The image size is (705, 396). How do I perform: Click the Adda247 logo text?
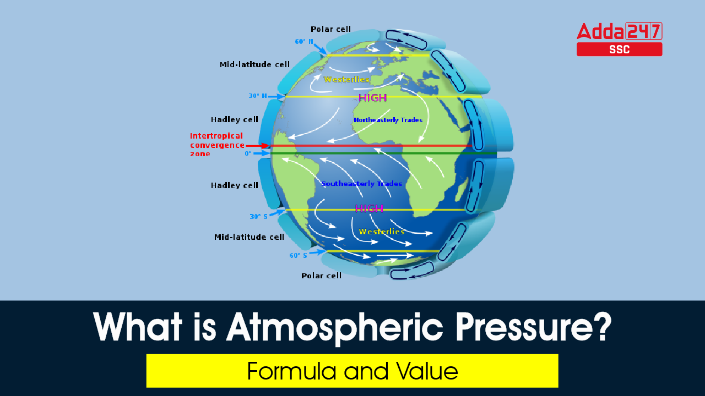point(620,31)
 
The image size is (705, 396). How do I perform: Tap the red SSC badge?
point(620,50)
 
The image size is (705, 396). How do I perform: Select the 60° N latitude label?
point(304,41)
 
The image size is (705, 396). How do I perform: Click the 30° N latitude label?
point(258,96)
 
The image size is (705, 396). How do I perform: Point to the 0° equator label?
point(248,153)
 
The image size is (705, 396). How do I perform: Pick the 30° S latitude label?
point(259,216)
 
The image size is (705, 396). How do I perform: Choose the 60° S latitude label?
point(298,255)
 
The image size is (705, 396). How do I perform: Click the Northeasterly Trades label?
point(388,120)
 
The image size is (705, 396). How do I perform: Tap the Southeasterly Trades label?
point(362,184)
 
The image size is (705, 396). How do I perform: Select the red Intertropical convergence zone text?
point(217,145)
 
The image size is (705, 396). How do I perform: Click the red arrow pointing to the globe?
point(257,146)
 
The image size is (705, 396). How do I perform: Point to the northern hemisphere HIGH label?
point(373,98)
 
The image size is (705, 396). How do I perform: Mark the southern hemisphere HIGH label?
point(369,208)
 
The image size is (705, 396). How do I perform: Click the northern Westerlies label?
point(346,79)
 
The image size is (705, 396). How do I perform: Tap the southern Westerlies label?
point(382,232)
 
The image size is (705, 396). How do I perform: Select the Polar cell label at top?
point(330,29)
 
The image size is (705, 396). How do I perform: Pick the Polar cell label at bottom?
point(321,276)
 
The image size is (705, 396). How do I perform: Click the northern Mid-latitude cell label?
point(254,64)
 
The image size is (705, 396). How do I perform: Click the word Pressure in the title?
point(534,327)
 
